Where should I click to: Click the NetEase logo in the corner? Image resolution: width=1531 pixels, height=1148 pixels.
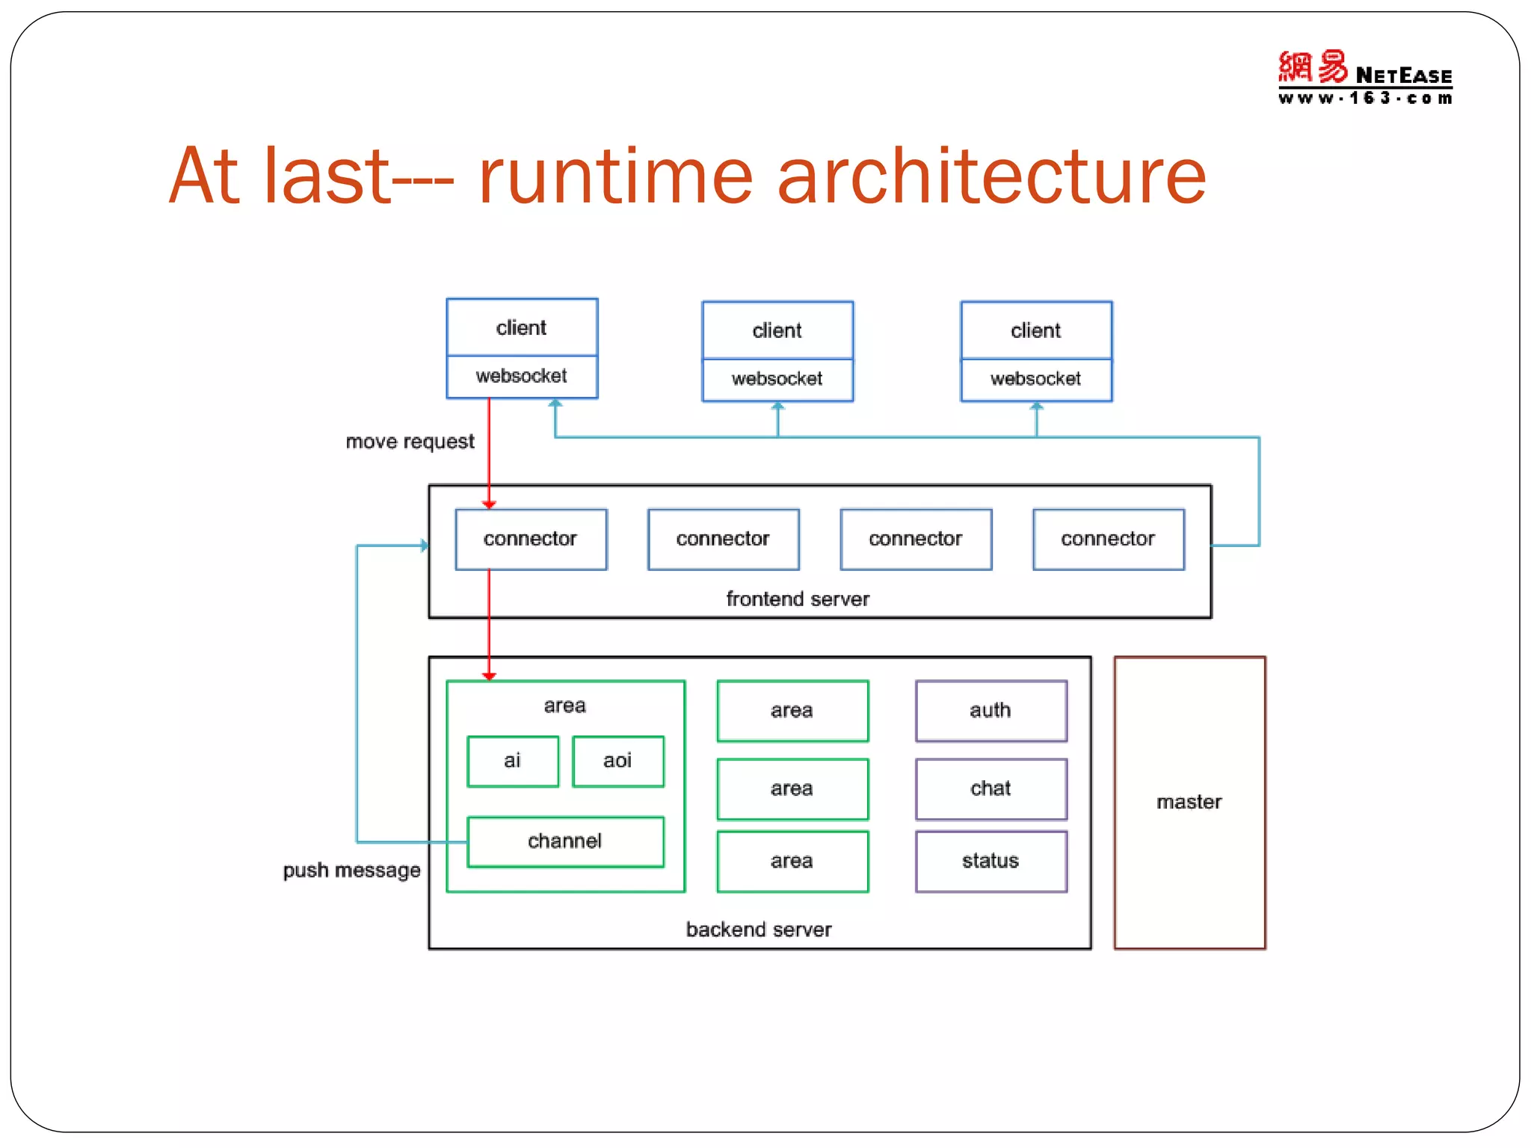(1364, 78)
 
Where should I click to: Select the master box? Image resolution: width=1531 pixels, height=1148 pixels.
(1189, 802)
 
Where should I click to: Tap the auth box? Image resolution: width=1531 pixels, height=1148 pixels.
(991, 710)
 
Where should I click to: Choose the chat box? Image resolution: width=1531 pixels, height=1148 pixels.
(991, 789)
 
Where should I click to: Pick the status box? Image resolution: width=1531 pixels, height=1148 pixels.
(991, 861)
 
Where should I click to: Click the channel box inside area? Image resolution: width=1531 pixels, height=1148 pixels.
(565, 842)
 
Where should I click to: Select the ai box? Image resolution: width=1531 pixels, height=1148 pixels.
(512, 761)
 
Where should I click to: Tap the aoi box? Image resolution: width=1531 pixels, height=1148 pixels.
(617, 761)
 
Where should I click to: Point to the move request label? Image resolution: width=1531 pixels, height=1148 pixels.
(410, 442)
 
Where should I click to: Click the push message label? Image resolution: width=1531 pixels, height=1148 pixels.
(351, 870)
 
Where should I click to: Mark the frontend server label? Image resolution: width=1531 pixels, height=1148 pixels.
(798, 599)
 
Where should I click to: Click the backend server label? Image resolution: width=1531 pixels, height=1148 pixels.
(759, 929)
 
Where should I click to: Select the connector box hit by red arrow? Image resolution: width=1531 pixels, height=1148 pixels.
(530, 539)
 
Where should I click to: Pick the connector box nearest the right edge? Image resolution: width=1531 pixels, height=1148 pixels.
(1108, 539)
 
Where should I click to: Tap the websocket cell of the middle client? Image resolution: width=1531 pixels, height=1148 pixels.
(777, 379)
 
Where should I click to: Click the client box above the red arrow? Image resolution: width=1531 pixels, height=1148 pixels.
(521, 328)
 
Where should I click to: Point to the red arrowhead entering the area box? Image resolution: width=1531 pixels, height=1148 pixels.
(489, 676)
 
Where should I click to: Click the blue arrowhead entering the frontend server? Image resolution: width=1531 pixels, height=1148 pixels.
(425, 546)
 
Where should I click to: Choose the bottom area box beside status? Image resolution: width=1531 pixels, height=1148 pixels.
(792, 861)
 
